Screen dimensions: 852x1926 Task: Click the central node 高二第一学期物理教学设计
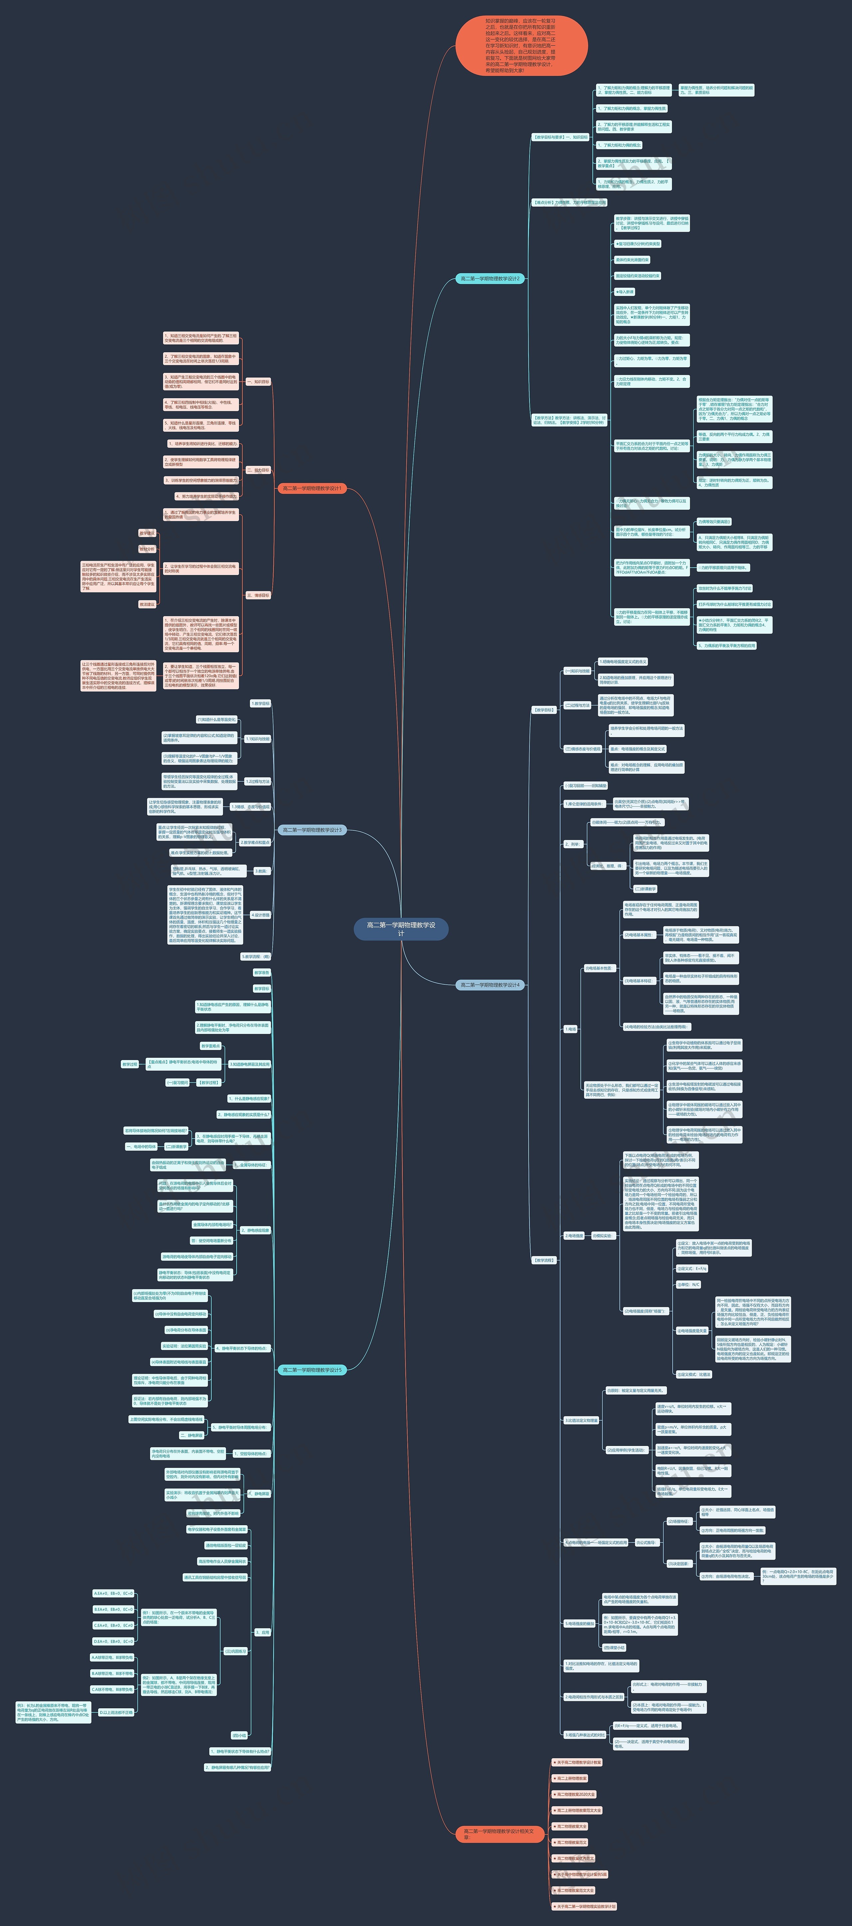(401, 929)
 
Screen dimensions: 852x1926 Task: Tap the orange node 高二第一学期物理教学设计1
(312, 488)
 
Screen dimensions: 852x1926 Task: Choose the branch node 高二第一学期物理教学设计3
(312, 830)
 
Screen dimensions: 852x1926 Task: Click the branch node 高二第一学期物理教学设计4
(490, 985)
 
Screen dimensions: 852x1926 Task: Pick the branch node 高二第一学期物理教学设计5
(312, 1370)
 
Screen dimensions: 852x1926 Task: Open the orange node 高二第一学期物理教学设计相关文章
(499, 1833)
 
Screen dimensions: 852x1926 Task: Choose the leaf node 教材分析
(147, 549)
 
